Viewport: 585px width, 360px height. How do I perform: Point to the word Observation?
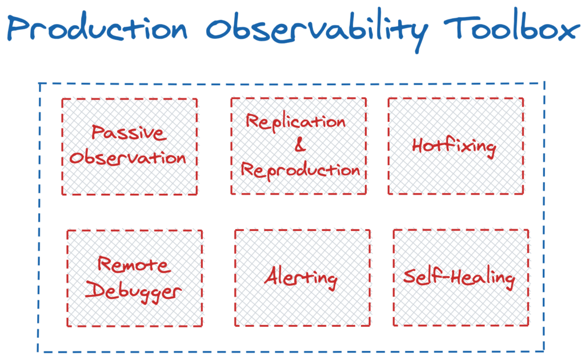[128, 157]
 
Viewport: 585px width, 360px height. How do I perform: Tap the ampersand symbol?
[299, 146]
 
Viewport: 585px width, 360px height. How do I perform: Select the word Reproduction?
[300, 170]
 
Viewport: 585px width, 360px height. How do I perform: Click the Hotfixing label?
[454, 146]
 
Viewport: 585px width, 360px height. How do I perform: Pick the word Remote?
[134, 265]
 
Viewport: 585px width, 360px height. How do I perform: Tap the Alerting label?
[301, 278]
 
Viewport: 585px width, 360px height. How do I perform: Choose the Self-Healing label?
[459, 278]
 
